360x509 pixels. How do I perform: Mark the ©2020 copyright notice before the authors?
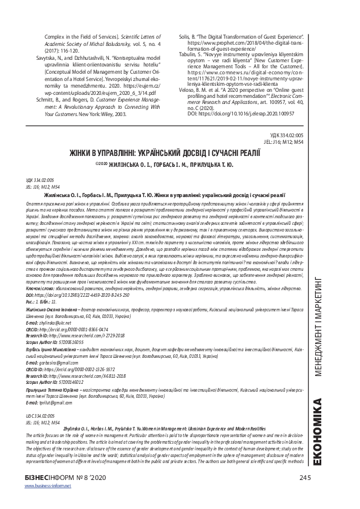tap(105, 163)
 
